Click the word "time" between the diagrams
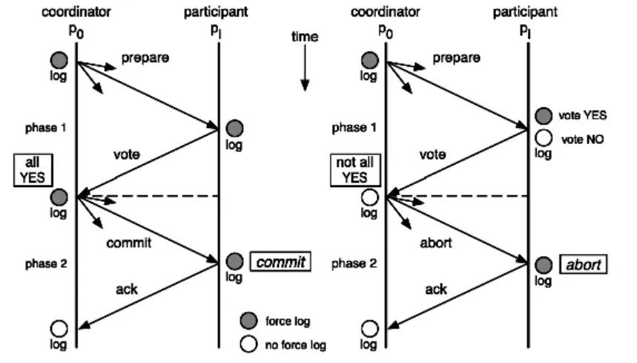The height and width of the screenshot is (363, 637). [305, 36]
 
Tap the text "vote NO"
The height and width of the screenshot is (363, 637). [582, 138]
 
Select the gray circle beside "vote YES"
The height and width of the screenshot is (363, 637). [544, 116]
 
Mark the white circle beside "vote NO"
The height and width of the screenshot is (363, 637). [544, 137]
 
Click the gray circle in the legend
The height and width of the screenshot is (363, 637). [250, 321]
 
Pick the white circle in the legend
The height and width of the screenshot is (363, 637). [250, 344]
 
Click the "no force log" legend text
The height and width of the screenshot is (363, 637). [296, 344]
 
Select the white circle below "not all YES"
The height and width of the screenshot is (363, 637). [369, 197]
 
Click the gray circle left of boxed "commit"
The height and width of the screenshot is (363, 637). [234, 261]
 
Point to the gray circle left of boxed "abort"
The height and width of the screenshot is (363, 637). [544, 265]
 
